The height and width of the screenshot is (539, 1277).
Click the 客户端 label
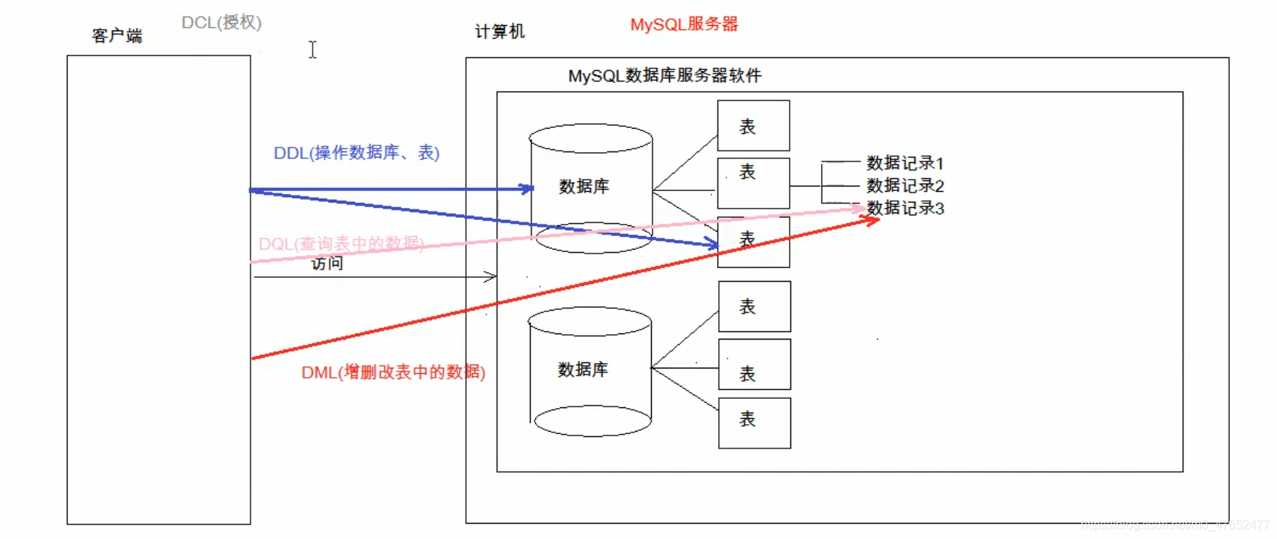click(117, 36)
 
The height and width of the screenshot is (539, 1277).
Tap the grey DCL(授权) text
click(222, 23)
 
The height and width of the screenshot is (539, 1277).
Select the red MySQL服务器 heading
click(684, 24)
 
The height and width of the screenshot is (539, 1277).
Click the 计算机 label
click(500, 31)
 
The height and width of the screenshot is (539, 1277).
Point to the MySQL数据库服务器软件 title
click(664, 75)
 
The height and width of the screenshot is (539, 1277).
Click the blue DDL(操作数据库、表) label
click(356, 152)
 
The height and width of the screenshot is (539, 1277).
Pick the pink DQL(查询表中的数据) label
click(340, 244)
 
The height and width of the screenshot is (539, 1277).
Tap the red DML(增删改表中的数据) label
click(393, 372)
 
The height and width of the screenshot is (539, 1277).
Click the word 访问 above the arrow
click(327, 263)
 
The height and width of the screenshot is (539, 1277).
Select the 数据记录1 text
click(905, 163)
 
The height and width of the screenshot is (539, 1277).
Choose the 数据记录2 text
click(905, 186)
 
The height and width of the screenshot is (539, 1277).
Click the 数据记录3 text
click(905, 208)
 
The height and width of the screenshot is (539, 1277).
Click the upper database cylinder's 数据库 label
click(584, 187)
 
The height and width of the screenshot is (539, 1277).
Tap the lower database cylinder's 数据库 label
click(583, 369)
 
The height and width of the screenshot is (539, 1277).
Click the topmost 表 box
click(753, 126)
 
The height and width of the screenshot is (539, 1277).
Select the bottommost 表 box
click(754, 423)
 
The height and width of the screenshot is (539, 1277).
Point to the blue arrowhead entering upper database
click(527, 188)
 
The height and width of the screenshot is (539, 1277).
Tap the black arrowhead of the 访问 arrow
click(490, 277)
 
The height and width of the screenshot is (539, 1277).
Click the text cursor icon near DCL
click(312, 49)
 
